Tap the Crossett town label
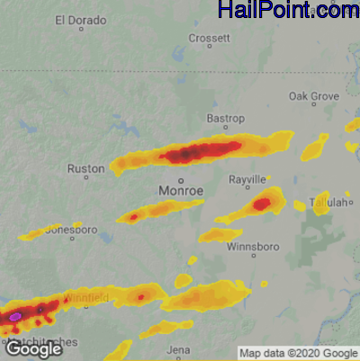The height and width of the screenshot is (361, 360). (x=210, y=38)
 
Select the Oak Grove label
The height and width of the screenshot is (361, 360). (x=313, y=96)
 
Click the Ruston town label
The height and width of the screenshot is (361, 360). (x=85, y=168)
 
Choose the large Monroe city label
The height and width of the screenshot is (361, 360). (x=181, y=192)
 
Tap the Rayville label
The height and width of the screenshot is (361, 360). (x=247, y=179)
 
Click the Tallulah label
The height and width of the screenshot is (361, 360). (x=328, y=203)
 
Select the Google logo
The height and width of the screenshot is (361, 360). (x=33, y=348)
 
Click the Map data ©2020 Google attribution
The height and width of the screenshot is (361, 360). (x=298, y=352)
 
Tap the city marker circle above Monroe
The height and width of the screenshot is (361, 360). (x=180, y=180)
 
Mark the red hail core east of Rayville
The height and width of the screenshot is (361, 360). (x=262, y=204)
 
